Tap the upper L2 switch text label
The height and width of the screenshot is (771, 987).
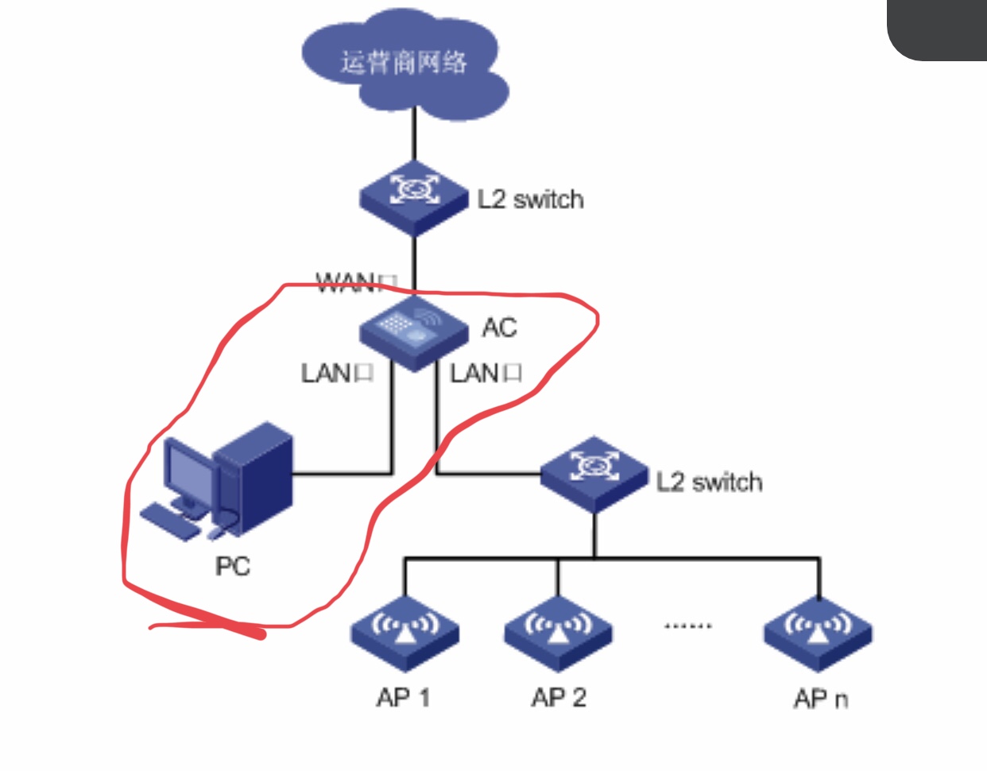(x=530, y=199)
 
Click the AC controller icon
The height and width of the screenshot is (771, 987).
(x=413, y=331)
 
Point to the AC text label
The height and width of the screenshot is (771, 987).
(x=499, y=327)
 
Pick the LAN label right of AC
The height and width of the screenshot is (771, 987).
(x=486, y=373)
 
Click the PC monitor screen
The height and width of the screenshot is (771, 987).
(x=189, y=474)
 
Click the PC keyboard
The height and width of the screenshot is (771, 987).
(x=171, y=521)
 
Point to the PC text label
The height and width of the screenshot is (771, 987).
(x=233, y=566)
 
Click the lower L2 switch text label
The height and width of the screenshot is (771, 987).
(x=709, y=482)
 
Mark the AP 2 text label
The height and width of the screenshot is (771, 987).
(x=559, y=697)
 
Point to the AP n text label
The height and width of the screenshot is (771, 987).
(x=820, y=699)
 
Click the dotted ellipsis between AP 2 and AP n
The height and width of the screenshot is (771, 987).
(x=688, y=626)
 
